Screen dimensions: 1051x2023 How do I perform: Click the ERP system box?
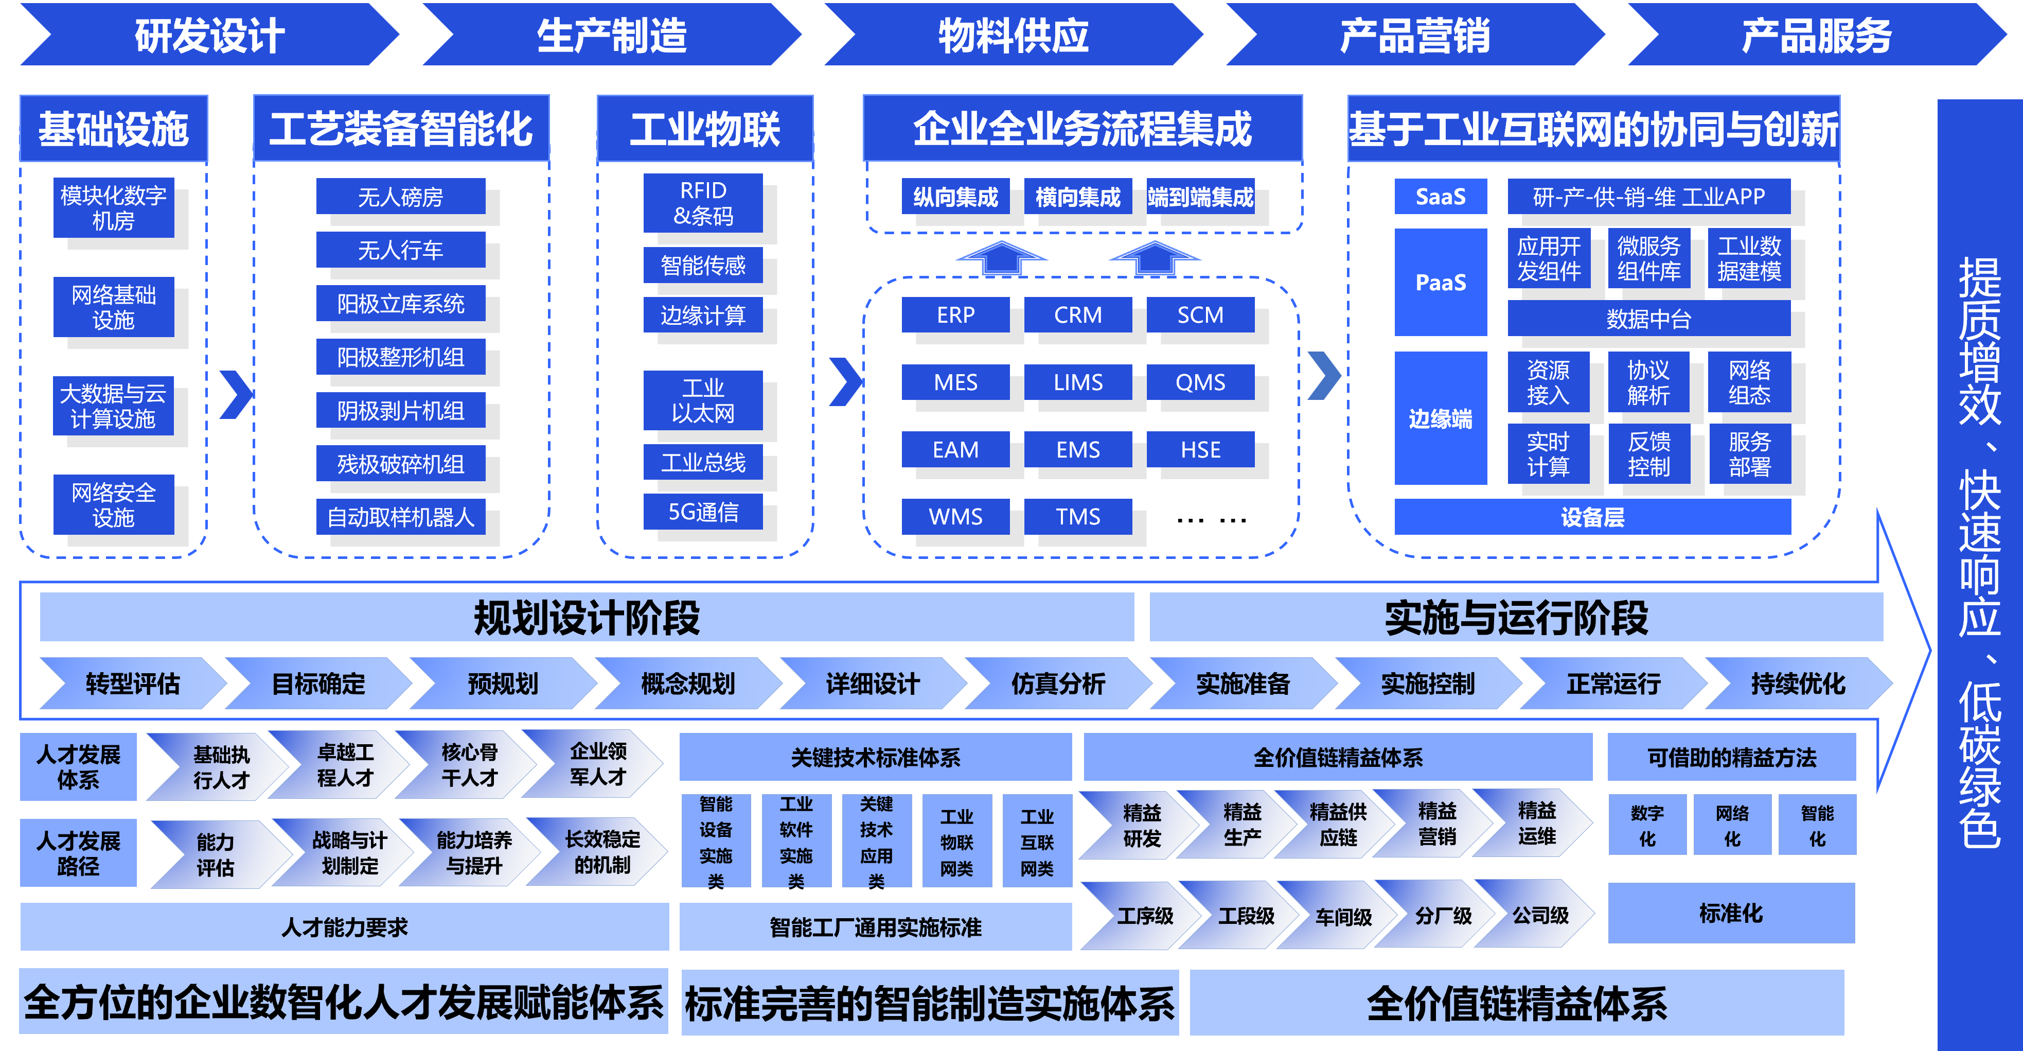955,315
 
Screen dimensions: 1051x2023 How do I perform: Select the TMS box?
1077,517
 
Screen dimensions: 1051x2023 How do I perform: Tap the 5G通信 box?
703,512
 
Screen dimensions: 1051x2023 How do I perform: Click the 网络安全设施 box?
114,505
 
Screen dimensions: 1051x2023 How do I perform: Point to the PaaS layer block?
1440,283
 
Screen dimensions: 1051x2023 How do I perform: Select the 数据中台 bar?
1648,319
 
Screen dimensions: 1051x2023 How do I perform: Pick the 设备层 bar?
1592,517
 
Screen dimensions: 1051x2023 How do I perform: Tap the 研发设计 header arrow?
209,36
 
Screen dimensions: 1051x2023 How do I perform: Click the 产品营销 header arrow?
1414,36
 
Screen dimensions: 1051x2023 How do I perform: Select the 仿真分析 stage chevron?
1057,684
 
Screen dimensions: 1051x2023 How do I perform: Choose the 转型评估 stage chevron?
132,684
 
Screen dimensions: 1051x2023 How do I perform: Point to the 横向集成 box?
1077,197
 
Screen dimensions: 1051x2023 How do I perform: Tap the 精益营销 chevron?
1436,824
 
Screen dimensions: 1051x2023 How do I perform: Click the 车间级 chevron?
1343,916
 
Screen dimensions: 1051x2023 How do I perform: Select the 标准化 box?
1731,913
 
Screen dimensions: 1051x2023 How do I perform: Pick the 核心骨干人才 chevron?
469,764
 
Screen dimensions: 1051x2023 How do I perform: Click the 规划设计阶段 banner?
587,618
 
